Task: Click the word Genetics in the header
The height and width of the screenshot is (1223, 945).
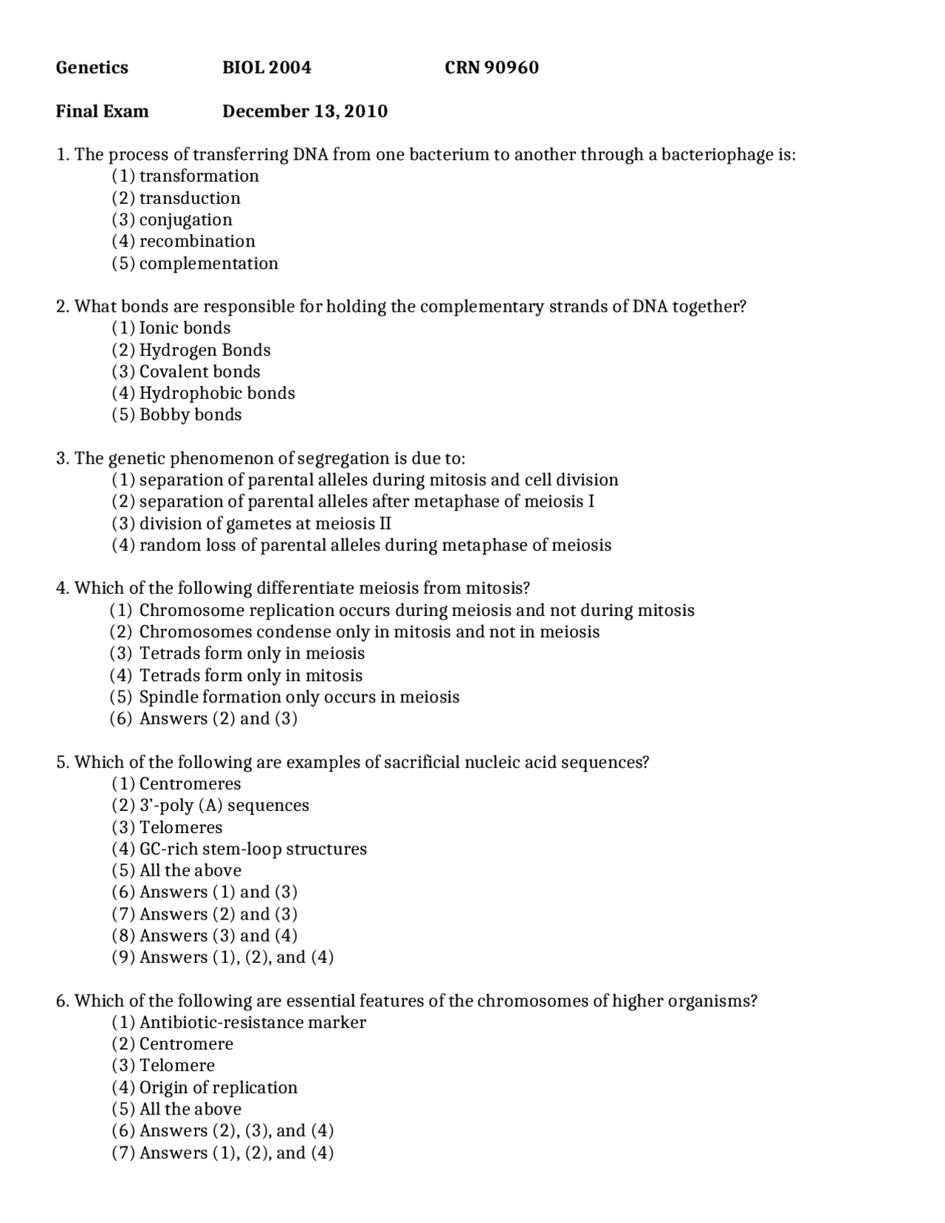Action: [x=92, y=68]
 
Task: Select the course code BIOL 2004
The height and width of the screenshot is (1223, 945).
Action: [x=267, y=68]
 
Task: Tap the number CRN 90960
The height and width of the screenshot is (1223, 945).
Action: [x=491, y=68]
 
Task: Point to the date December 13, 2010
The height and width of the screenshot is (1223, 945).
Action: [x=304, y=112]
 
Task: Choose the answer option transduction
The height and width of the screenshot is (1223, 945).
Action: [x=189, y=198]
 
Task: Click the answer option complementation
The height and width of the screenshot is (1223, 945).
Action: [x=208, y=264]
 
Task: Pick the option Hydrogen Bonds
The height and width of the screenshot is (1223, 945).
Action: [x=205, y=350]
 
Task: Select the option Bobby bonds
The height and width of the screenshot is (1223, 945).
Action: [x=190, y=415]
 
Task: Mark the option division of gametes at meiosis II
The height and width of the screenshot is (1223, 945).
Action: [x=264, y=524]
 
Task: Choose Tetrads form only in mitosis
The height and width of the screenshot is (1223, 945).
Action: [x=250, y=676]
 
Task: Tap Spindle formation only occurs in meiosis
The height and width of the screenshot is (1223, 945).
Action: [x=298, y=697]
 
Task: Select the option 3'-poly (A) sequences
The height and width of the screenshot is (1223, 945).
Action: [x=224, y=806]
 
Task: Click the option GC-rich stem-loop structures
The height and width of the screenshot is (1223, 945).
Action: [x=252, y=849]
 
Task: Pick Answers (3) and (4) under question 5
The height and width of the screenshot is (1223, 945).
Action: [x=218, y=936]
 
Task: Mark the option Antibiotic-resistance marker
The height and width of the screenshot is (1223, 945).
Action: [x=252, y=1023]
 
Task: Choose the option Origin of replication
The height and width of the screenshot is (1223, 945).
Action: [x=218, y=1088]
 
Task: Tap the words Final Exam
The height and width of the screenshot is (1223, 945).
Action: [x=102, y=112]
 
